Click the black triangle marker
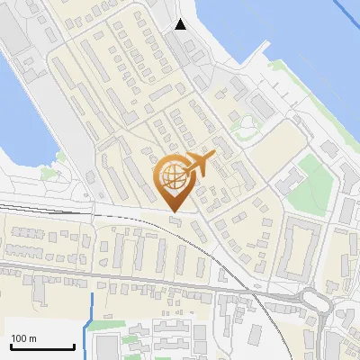tap(181, 24)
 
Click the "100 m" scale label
tap(24, 338)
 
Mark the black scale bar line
tap(42, 346)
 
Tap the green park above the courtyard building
tap(311, 171)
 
